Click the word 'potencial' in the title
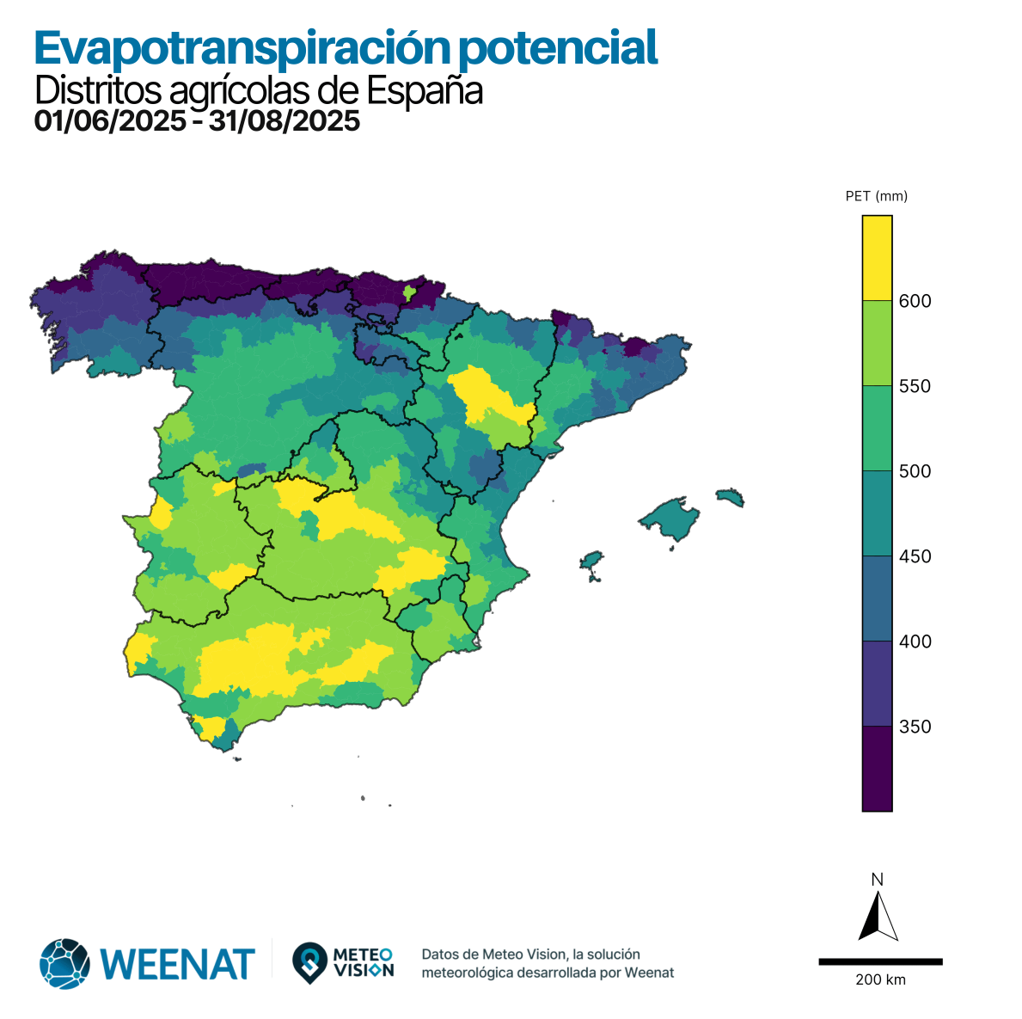point(558,48)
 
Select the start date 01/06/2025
point(110,121)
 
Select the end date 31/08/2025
point(285,121)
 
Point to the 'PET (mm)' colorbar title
point(876,196)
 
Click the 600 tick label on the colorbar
point(915,301)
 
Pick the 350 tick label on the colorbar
point(915,727)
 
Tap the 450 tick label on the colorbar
point(915,556)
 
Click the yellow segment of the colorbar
point(877,257)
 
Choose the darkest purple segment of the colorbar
point(877,768)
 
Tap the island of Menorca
point(730,497)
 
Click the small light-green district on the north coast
point(409,293)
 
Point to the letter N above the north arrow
point(877,880)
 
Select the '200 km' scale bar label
point(880,980)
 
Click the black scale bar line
point(880,961)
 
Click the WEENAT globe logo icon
point(64,963)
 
